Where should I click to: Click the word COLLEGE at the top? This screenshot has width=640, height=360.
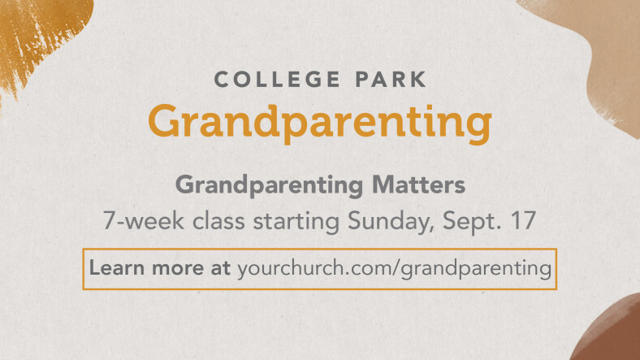click(277, 79)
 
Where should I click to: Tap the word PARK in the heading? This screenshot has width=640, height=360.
click(391, 79)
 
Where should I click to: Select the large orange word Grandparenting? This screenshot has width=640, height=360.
click(320, 124)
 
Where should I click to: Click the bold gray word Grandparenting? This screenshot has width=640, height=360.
click(269, 186)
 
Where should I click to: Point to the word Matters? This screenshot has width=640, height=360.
click(418, 185)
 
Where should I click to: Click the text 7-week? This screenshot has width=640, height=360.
click(143, 220)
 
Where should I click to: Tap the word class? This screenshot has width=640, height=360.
click(218, 220)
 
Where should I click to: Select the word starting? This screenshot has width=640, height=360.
click(296, 222)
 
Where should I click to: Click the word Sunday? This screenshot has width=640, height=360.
click(391, 222)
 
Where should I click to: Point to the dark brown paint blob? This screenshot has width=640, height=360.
click(608, 331)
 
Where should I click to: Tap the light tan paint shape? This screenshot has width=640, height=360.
click(600, 53)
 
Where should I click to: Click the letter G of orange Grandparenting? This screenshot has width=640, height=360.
click(165, 121)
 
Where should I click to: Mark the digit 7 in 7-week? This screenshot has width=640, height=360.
click(109, 221)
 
